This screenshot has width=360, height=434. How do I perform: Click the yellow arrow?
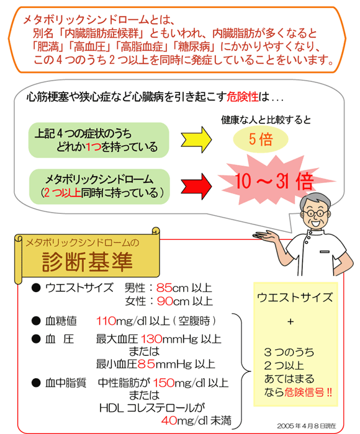click(x=196, y=139)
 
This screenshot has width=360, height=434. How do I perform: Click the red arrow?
click(x=196, y=187)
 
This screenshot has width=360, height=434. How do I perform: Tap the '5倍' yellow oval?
click(x=261, y=139)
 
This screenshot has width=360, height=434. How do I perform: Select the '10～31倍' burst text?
click(x=274, y=181)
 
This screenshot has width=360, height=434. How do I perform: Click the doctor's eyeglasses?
click(x=316, y=213)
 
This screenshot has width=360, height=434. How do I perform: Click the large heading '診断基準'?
click(x=88, y=262)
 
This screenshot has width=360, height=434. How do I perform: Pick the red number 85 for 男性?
click(x=164, y=288)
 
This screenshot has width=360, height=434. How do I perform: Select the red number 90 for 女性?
click(x=165, y=301)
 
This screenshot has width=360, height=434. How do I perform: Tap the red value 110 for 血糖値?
click(x=106, y=321)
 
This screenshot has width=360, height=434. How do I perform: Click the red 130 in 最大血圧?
click(x=151, y=339)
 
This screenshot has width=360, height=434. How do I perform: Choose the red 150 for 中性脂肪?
click(x=164, y=383)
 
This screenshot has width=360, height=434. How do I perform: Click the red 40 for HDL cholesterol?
click(x=169, y=421)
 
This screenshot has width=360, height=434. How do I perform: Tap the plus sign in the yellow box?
click(x=290, y=322)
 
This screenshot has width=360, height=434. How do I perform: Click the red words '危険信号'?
click(x=304, y=392)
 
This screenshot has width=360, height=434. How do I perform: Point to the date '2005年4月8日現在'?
click(x=306, y=426)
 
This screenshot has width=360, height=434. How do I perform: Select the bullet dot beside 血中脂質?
click(x=36, y=383)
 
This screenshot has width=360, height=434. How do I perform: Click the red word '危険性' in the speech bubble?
click(x=243, y=97)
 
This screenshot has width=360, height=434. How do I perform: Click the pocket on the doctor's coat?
click(x=325, y=252)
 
